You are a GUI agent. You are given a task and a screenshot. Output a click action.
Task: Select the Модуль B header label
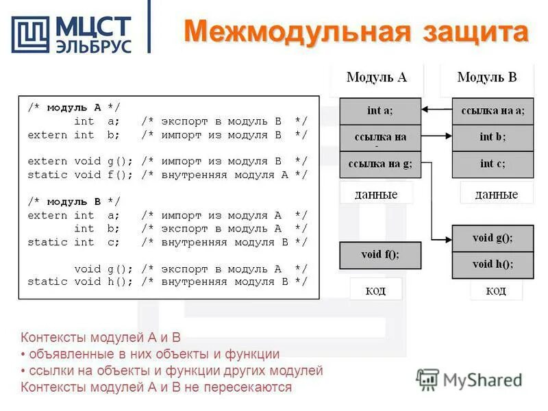coord(487,77)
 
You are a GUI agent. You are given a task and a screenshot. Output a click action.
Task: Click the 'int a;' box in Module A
coord(380,110)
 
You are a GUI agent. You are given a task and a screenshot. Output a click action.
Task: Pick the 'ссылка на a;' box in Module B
coord(493,110)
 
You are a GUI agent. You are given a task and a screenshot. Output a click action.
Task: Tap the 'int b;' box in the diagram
coord(493,137)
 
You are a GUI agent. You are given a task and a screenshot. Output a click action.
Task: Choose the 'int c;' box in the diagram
coord(493,163)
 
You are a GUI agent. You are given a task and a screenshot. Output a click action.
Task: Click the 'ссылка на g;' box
coord(380,163)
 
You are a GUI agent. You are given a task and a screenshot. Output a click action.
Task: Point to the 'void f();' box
coord(380,255)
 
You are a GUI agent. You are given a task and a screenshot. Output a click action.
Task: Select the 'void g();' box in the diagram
coord(493,238)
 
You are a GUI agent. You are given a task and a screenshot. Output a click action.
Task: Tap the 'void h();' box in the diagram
coord(493,264)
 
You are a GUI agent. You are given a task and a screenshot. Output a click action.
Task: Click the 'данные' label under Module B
coord(497,195)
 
